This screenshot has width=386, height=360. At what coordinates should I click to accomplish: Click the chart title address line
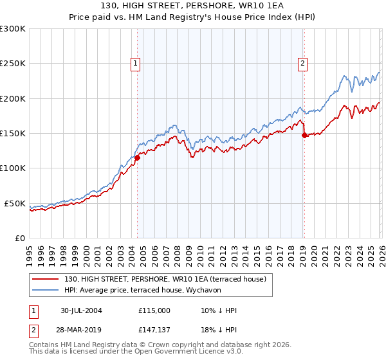(x=193, y=6)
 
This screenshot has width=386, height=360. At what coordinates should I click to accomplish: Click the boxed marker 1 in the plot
(x=136, y=63)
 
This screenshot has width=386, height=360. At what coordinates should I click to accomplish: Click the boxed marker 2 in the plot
(x=302, y=63)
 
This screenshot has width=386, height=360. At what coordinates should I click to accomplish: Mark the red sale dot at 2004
(x=137, y=157)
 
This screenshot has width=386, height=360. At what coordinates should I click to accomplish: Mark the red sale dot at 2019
(x=304, y=135)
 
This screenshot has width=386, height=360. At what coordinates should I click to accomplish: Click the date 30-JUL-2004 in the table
(x=81, y=310)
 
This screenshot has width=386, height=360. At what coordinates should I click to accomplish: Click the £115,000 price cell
(x=154, y=310)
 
